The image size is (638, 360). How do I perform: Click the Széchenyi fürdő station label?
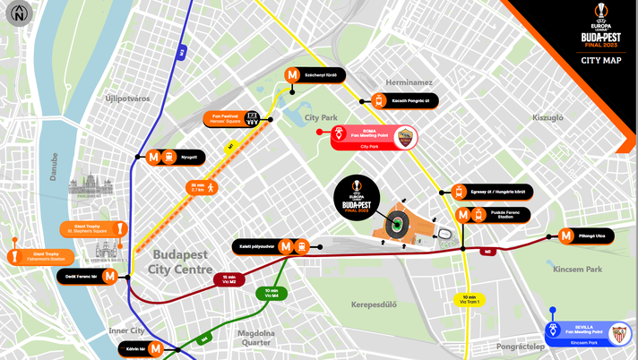[x=321, y=75]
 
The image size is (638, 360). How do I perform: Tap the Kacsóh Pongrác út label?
[x=411, y=101]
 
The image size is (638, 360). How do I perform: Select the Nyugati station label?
[x=189, y=157]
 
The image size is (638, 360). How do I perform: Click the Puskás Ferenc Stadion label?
[x=504, y=214]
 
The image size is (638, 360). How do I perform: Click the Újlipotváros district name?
[x=127, y=98]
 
